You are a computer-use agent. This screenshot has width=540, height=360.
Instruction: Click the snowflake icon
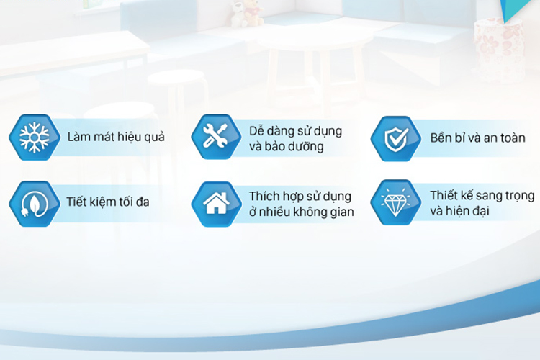point(34,138)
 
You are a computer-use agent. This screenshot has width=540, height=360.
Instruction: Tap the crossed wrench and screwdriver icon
point(215,136)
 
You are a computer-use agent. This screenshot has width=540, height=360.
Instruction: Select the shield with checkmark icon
point(396,139)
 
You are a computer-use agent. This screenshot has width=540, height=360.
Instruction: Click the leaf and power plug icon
point(34,204)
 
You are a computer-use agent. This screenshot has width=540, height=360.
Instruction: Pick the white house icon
point(216,203)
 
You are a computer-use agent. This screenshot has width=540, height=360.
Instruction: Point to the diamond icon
point(396,202)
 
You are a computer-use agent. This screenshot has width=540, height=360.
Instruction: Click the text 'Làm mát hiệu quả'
point(116,137)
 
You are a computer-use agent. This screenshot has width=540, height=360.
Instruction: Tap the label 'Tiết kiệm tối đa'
point(108,202)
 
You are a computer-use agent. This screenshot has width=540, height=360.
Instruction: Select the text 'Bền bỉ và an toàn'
point(477,138)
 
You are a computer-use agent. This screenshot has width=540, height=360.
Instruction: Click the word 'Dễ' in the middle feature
point(256,131)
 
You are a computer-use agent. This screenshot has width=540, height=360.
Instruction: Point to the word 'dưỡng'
point(306,147)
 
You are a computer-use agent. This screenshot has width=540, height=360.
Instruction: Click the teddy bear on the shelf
point(247,14)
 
